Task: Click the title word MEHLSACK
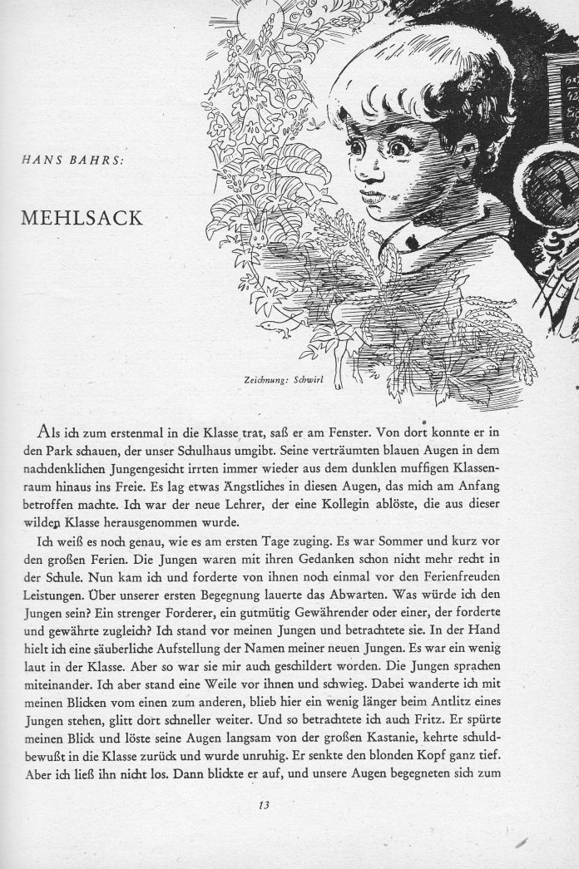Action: point(82,219)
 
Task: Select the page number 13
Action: point(265,804)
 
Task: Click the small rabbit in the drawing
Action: point(260,239)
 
